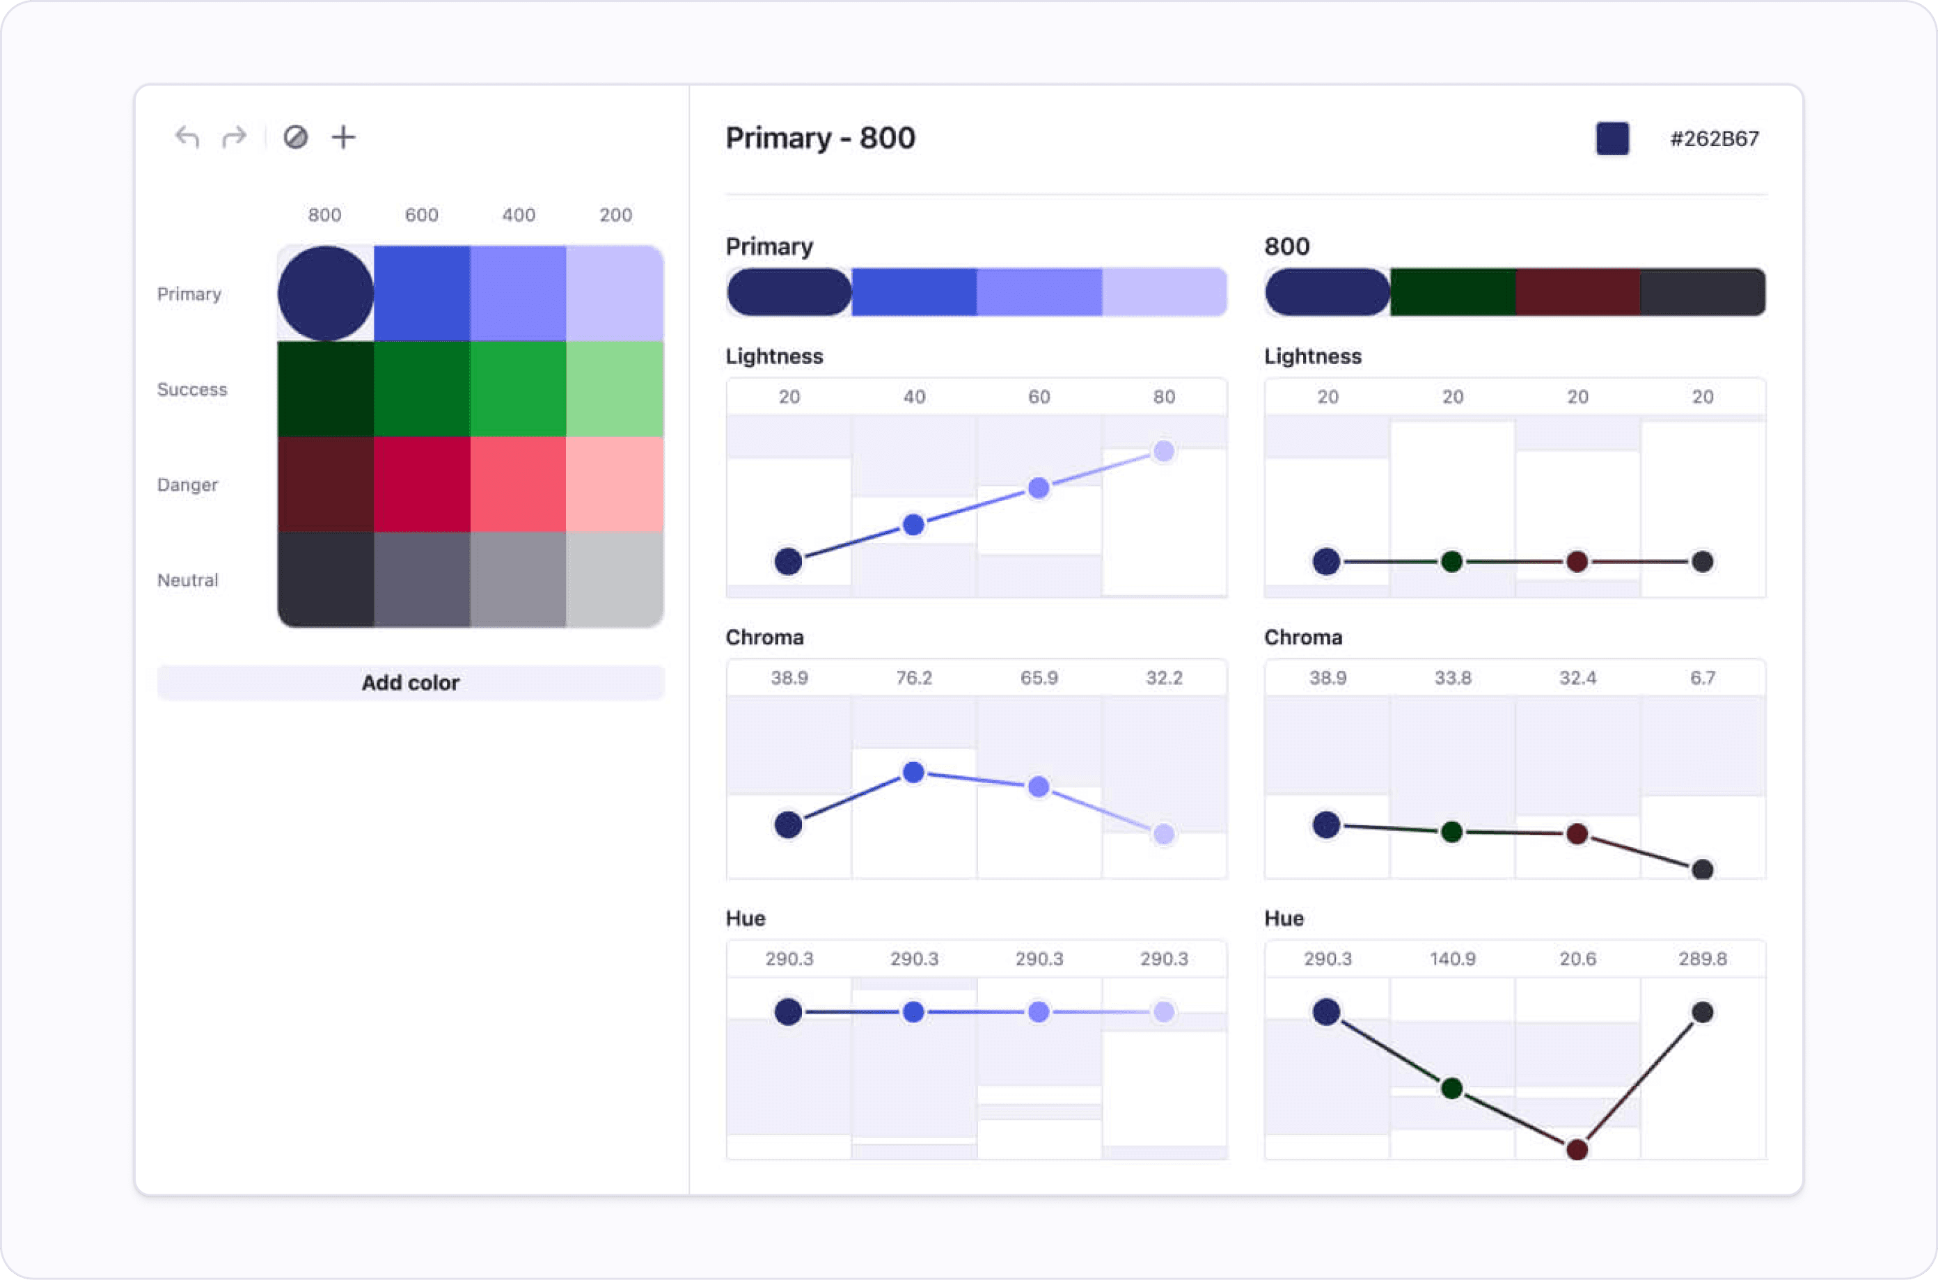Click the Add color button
[410, 682]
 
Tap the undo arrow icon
[187, 137]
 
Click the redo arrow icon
[235, 137]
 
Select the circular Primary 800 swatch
[326, 293]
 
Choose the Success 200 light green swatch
[615, 388]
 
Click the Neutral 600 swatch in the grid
[421, 580]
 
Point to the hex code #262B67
[1715, 139]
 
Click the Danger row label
[188, 485]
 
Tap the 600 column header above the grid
[421, 214]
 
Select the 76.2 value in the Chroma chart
[913, 677]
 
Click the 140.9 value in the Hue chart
[1452, 958]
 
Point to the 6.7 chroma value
[1702, 677]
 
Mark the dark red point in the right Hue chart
[1577, 1149]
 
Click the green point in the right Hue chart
[1451, 1088]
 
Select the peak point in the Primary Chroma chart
[913, 772]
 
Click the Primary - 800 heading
[821, 138]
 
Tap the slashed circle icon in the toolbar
[296, 137]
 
